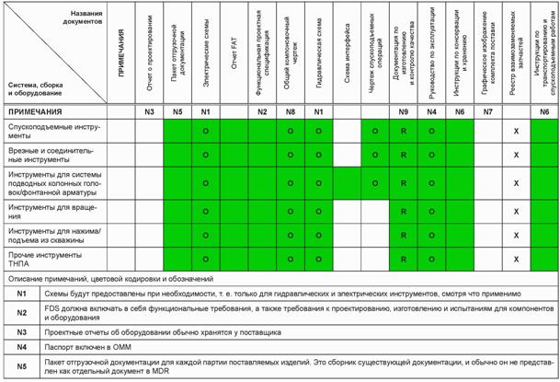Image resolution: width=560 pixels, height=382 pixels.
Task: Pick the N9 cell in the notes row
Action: point(404,111)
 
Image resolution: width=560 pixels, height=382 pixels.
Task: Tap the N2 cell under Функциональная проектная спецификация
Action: point(262,111)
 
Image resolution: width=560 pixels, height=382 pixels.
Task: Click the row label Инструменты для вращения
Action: point(55,213)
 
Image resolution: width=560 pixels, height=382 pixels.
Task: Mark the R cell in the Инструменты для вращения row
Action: point(404,213)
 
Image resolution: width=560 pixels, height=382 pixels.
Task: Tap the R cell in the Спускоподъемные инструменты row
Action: point(404,132)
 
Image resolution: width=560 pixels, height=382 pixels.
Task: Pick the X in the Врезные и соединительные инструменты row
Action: point(517,155)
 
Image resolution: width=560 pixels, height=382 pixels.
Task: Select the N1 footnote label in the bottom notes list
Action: point(21,293)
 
